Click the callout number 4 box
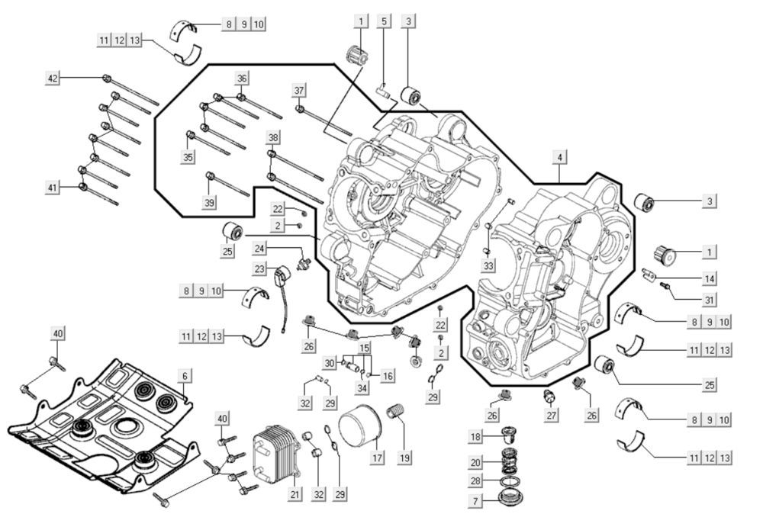pyautogui.click(x=560, y=157)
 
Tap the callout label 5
pyautogui.click(x=384, y=21)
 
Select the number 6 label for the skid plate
pyautogui.click(x=185, y=376)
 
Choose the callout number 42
pyautogui.click(x=52, y=79)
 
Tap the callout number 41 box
pyautogui.click(x=52, y=188)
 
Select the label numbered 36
pyautogui.click(x=242, y=78)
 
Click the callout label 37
pyautogui.click(x=299, y=91)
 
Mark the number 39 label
pyautogui.click(x=208, y=201)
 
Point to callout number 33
pyautogui.click(x=488, y=265)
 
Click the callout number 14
pyautogui.click(x=710, y=278)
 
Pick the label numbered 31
pyautogui.click(x=710, y=298)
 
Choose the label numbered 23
pyautogui.click(x=260, y=268)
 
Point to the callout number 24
pyautogui.click(x=260, y=249)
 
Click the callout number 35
pyautogui.click(x=188, y=156)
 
